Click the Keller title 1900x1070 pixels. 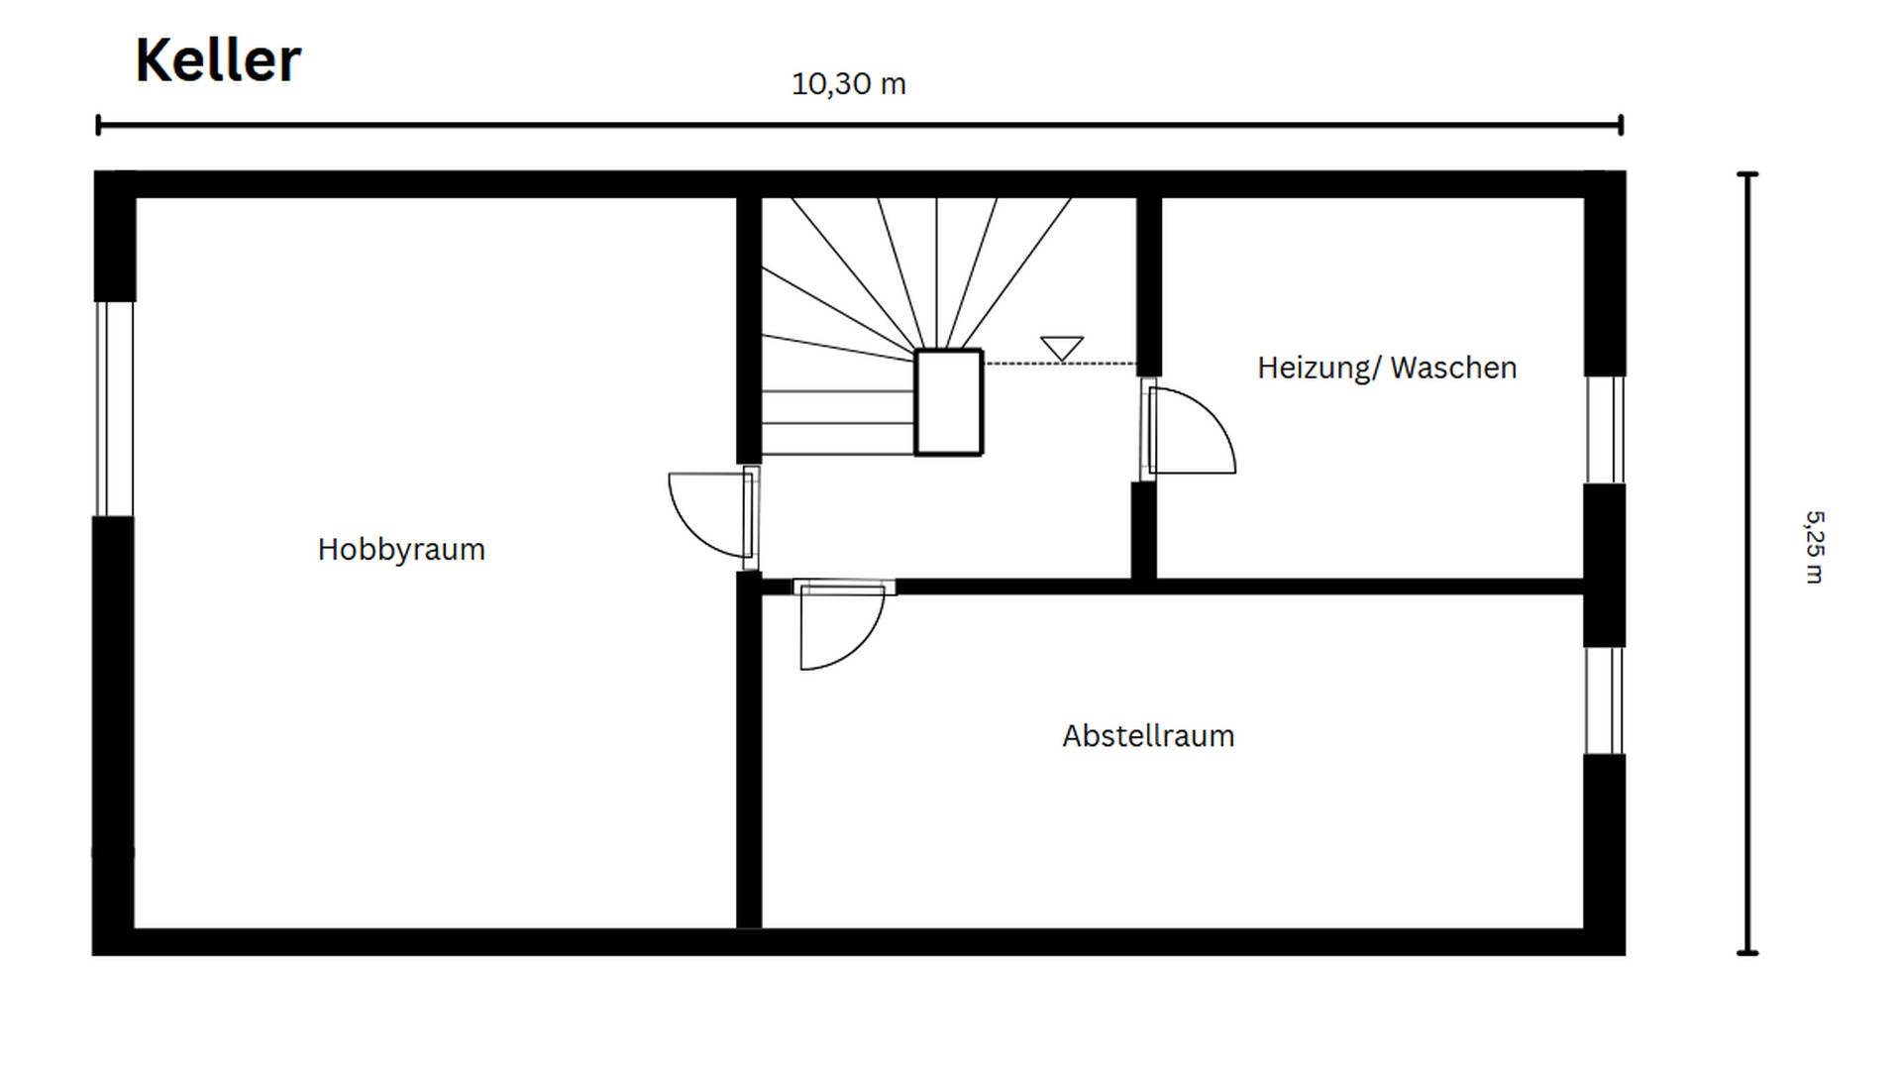tap(217, 60)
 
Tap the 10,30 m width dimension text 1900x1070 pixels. tap(848, 84)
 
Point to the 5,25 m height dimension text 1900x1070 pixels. tap(1813, 547)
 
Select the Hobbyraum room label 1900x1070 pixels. tap(401, 550)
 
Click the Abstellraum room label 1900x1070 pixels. tap(1148, 736)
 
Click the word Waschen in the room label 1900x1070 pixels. tap(1453, 369)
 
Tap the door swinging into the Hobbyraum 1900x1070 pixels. tap(709, 515)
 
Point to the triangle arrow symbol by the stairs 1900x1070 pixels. tap(1061, 348)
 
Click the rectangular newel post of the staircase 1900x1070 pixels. tap(948, 402)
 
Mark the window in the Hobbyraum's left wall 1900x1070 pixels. tap(114, 408)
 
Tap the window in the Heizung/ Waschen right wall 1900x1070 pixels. tap(1604, 429)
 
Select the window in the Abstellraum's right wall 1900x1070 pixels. tap(1603, 700)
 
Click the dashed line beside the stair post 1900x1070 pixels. tap(1058, 364)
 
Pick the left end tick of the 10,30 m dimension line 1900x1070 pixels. tap(98, 125)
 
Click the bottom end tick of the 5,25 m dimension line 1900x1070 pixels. tap(1747, 952)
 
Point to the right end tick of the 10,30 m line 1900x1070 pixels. tap(1621, 125)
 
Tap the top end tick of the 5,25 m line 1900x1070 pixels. tap(1747, 174)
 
